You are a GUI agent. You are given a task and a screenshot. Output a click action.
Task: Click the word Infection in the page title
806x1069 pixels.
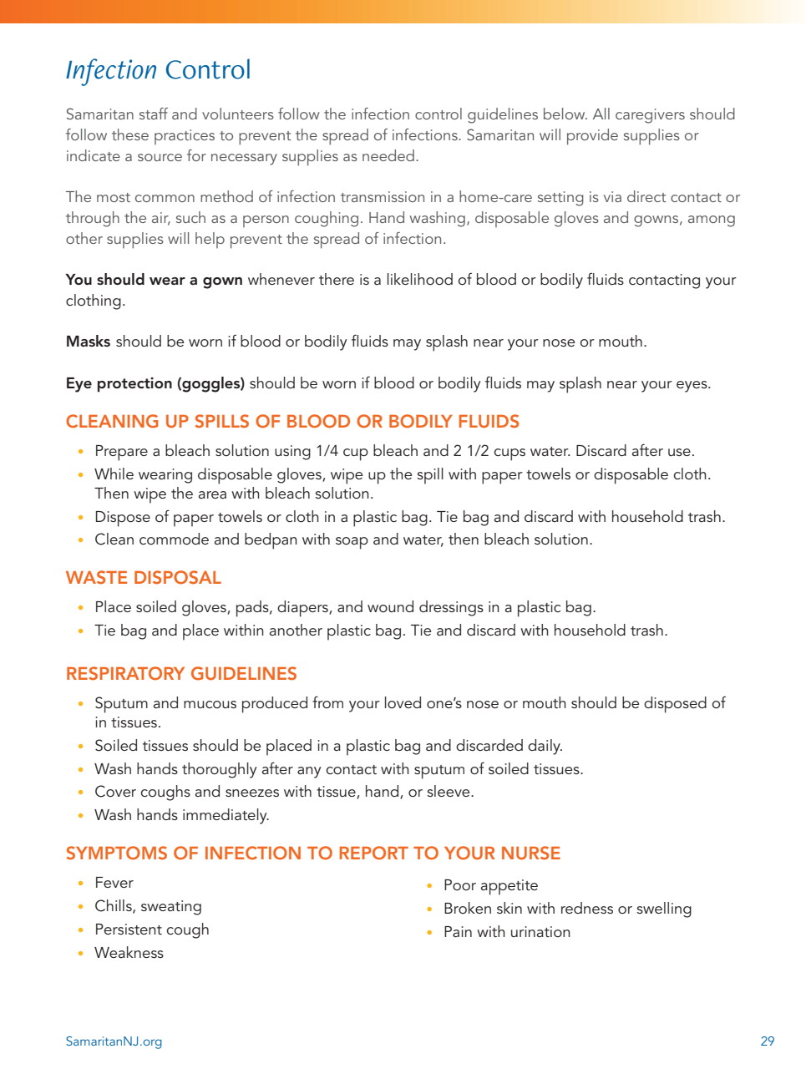111,70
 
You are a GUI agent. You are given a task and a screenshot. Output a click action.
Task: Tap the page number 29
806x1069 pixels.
767,1041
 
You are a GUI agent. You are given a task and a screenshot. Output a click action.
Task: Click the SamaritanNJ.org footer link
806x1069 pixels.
114,1041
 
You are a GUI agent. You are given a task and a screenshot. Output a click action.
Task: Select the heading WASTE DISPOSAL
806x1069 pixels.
144,578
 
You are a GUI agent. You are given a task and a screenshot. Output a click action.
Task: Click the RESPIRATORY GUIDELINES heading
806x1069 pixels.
181,674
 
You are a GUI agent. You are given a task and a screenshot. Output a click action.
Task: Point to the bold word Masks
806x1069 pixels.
88,342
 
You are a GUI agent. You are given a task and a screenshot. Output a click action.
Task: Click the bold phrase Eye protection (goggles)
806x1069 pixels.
155,383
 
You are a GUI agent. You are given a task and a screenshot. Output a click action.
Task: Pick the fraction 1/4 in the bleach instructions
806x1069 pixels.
327,451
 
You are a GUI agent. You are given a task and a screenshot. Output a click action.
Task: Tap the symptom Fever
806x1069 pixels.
114,883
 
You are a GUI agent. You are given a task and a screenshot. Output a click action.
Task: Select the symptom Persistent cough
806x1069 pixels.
151,930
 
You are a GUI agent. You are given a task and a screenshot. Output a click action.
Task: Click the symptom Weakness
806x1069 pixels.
129,953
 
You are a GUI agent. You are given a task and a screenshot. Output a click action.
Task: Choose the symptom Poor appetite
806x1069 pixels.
490,885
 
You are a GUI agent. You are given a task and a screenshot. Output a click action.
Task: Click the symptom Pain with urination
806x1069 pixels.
506,932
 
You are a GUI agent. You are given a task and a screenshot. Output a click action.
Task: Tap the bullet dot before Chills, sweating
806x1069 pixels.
80,907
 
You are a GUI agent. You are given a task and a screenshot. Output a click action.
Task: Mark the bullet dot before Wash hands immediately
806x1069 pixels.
80,816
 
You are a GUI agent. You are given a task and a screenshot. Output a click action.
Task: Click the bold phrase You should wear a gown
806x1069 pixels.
154,280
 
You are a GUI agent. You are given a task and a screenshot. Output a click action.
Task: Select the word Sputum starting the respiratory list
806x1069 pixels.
121,703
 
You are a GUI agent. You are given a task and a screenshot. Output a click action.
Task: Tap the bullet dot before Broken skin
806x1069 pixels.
429,909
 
